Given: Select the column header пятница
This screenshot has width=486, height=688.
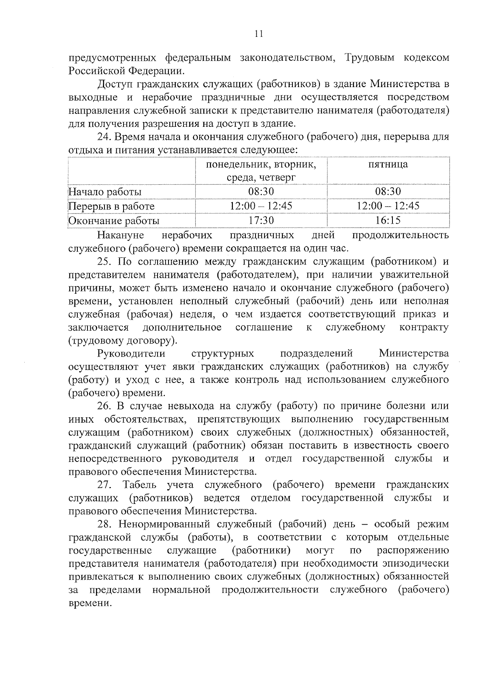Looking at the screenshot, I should (388, 164).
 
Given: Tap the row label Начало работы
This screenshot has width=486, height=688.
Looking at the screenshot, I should (105, 192).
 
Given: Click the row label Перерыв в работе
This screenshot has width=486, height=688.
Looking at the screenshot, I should (111, 206).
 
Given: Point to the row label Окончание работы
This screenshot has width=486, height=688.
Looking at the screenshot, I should (114, 221).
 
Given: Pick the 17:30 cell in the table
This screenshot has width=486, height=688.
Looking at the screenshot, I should (261, 220).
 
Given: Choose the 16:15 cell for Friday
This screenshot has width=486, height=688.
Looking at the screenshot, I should (388, 220).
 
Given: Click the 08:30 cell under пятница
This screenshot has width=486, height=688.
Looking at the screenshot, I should (388, 191).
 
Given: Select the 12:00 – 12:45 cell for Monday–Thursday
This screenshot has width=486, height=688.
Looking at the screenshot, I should (261, 206).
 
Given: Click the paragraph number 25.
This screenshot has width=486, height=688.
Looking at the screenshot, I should (104, 262).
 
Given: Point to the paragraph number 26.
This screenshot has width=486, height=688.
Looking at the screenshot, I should (104, 406).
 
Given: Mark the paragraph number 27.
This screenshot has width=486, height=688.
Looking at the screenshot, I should (104, 485).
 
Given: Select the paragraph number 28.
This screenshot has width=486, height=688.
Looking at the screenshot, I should (104, 524).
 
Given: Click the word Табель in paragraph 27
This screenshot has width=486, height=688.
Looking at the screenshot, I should (139, 485).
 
